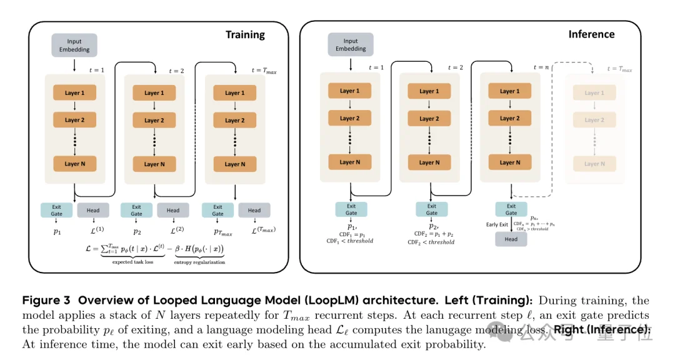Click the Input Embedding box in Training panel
pos(74,46)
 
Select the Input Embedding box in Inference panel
pos(351,44)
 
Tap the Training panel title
pos(245,35)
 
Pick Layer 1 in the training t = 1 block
pos(74,93)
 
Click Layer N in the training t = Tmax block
pos(236,164)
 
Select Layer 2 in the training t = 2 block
pos(154,120)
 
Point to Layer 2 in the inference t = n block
pos(511,118)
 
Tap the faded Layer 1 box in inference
pos(594,93)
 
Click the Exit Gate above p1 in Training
pos(56,210)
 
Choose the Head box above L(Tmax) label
pos(254,210)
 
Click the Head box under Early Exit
pos(511,239)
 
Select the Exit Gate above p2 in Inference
pos(431,209)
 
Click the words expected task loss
pos(130,262)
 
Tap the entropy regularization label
pos(200,262)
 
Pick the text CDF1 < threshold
pos(352,241)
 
